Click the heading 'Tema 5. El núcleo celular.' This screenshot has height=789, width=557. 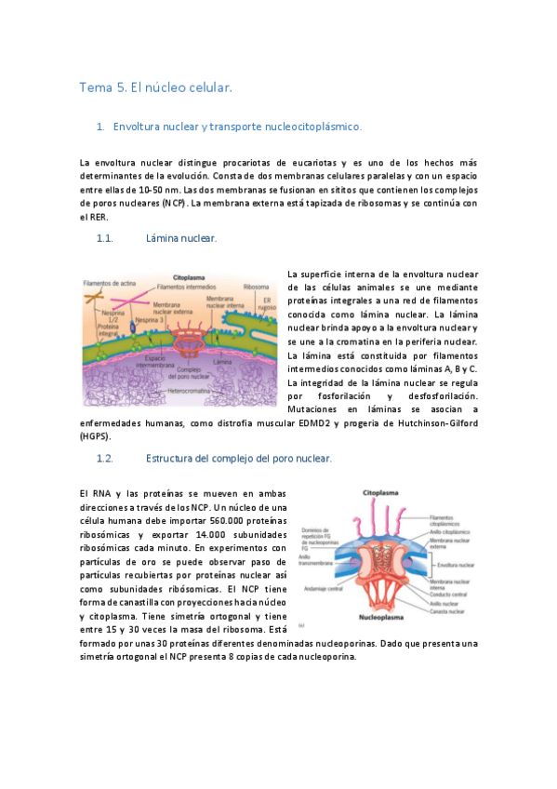(x=154, y=87)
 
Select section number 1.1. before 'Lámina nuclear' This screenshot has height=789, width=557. (x=104, y=238)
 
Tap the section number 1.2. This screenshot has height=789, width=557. (x=104, y=459)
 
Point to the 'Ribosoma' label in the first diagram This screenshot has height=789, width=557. (x=256, y=287)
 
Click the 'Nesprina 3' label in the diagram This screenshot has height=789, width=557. (x=148, y=319)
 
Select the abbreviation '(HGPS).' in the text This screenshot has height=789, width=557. (x=94, y=435)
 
